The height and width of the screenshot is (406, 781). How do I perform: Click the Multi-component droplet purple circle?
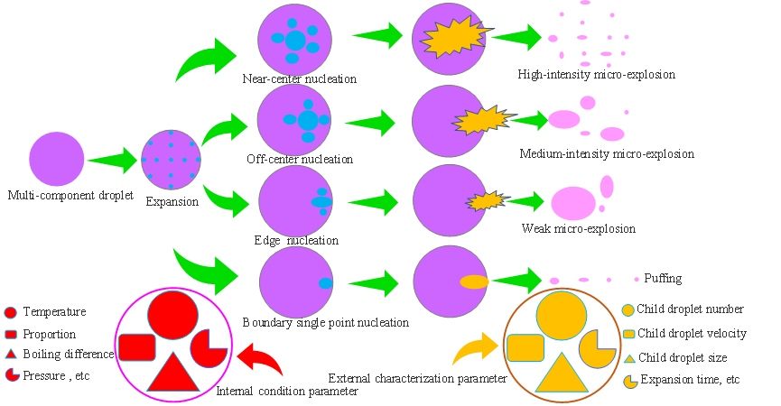[56, 159]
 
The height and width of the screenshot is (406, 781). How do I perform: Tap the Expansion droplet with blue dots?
[171, 160]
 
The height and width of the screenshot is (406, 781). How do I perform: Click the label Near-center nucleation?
[299, 79]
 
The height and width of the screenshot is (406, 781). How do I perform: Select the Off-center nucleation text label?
[299, 160]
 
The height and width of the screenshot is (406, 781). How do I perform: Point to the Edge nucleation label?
[296, 241]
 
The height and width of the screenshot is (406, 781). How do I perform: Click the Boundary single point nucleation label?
[325, 322]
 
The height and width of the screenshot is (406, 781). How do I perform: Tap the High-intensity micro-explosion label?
[596, 75]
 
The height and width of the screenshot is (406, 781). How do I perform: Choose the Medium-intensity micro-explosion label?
[607, 154]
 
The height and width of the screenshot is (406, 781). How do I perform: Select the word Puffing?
[664, 279]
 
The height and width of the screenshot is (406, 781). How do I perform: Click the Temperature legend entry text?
[54, 312]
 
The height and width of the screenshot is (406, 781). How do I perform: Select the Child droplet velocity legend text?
[692, 334]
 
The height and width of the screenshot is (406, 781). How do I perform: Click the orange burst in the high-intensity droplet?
[451, 37]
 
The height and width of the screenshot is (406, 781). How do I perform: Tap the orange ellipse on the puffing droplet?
[475, 282]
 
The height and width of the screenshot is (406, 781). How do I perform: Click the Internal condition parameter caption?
[287, 392]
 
